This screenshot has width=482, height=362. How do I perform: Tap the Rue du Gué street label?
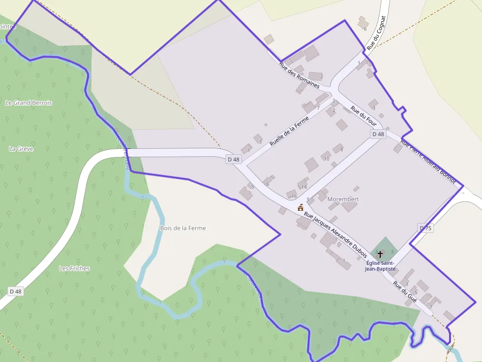(404, 292)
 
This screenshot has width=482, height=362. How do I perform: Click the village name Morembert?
(343, 199)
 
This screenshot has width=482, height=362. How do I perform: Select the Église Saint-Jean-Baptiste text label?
(380, 266)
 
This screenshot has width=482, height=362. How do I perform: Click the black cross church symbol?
(380, 254)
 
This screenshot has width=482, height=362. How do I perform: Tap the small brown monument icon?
(300, 208)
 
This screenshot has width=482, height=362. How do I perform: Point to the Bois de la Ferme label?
(183, 228)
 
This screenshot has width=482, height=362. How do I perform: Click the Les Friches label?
(74, 268)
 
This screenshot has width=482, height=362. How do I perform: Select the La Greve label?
(21, 148)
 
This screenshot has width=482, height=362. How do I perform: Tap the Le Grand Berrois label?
(29, 103)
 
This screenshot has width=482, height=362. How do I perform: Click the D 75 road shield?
(425, 228)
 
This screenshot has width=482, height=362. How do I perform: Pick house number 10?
(326, 159)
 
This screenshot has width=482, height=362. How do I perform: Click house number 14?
(304, 187)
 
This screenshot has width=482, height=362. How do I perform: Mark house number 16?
(294, 196)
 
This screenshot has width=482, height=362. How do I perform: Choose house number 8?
(341, 149)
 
